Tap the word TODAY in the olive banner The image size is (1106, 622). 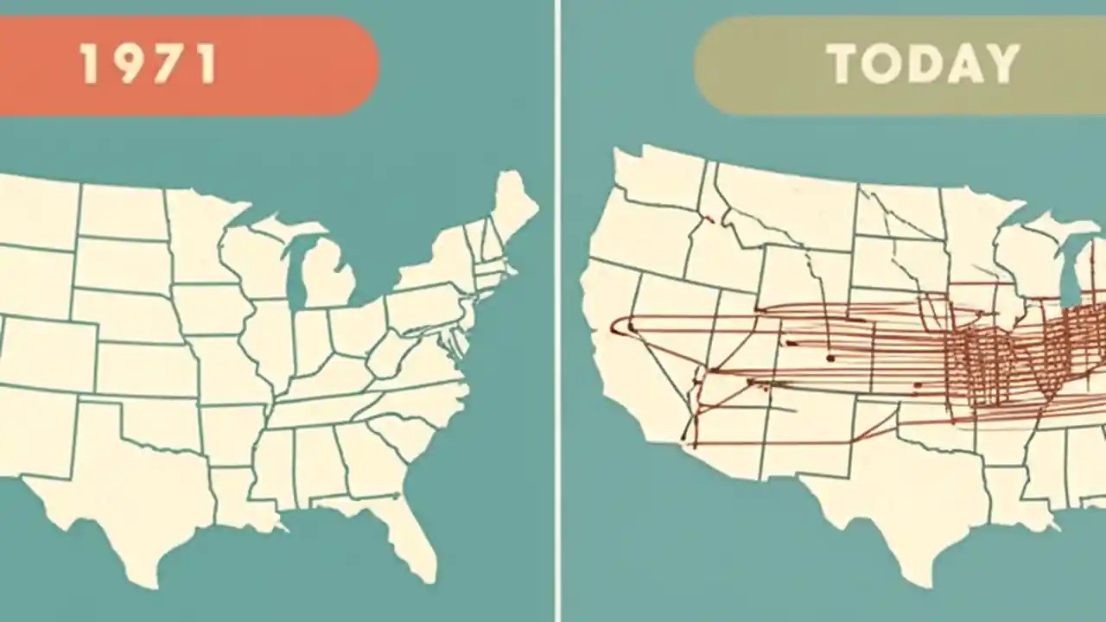click(923, 64)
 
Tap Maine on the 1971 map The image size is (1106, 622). click(513, 203)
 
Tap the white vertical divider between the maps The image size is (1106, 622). click(557, 311)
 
